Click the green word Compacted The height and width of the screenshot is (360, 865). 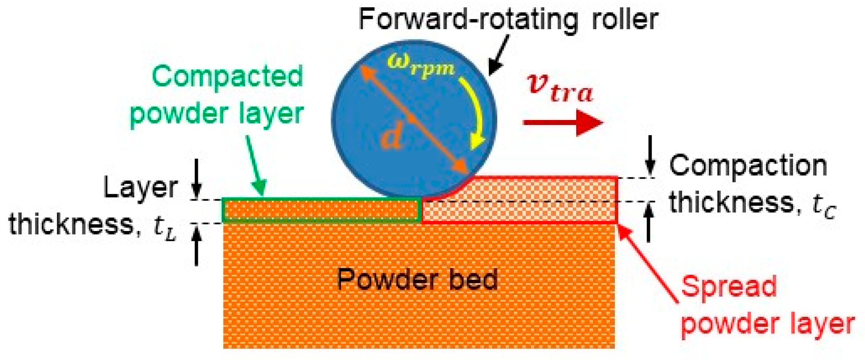[x=227, y=77]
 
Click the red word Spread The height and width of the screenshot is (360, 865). [x=729, y=286]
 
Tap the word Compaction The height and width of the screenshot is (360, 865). [x=748, y=166]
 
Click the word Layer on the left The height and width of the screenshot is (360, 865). [x=141, y=188]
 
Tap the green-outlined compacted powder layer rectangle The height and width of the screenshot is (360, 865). [x=321, y=210]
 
